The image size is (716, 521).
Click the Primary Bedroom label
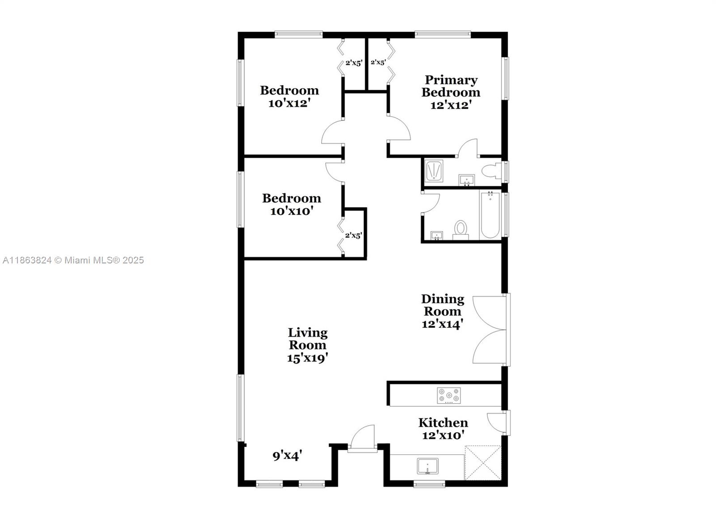coord(451,86)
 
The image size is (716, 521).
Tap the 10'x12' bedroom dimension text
coord(289,103)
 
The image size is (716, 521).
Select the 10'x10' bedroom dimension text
coord(291,211)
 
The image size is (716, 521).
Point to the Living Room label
coord(307,339)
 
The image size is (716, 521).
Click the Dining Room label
coord(443,305)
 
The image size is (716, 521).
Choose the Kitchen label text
coord(443,422)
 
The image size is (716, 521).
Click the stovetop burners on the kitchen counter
coord(449,396)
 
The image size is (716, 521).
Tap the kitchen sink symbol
coord(427,466)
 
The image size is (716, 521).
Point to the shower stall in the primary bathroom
coord(434,171)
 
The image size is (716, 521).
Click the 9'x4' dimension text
coord(287,456)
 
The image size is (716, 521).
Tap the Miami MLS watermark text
coord(73,260)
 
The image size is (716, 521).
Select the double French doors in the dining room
coord(490,330)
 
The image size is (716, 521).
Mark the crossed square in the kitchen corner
coord(483,462)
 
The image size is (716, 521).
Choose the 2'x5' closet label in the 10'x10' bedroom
coord(353,235)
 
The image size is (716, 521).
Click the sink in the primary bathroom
coord(466,181)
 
